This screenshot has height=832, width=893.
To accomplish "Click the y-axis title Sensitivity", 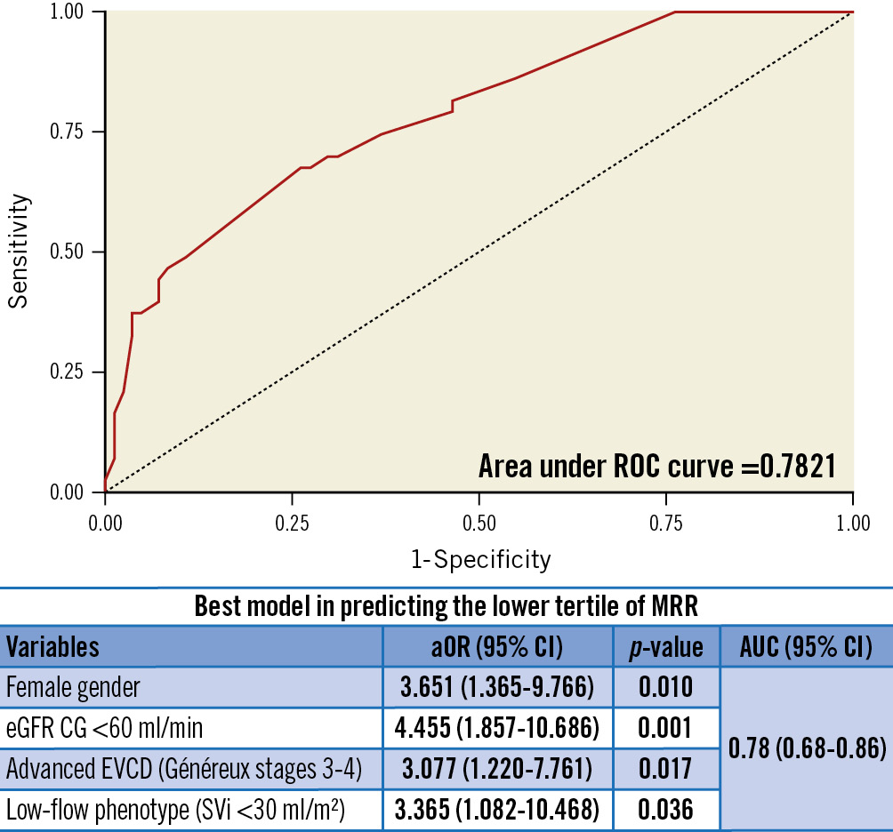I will [20, 252].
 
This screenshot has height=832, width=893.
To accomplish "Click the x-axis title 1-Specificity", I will [480, 560].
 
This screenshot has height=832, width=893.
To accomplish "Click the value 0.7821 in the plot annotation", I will [793, 466].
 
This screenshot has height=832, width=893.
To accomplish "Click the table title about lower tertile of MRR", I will [446, 607].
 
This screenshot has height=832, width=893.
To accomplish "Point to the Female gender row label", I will [73, 687].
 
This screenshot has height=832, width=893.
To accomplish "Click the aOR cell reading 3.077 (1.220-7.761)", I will [497, 769].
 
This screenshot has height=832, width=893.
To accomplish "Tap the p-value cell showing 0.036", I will [665, 810].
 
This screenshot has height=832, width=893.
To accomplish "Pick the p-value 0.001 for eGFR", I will [665, 729].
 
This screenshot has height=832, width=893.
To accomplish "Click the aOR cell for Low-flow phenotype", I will [497, 810].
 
